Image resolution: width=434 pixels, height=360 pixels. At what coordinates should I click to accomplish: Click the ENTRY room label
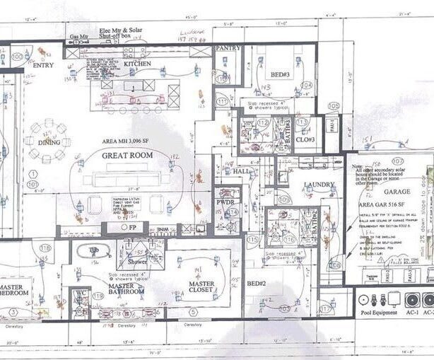[x=43, y=65]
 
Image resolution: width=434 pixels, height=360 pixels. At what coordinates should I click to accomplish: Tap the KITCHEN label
[x=138, y=64]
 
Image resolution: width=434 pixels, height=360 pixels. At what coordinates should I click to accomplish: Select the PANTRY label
[x=228, y=48]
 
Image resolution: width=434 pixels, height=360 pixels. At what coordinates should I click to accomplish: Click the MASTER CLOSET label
[x=201, y=288]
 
